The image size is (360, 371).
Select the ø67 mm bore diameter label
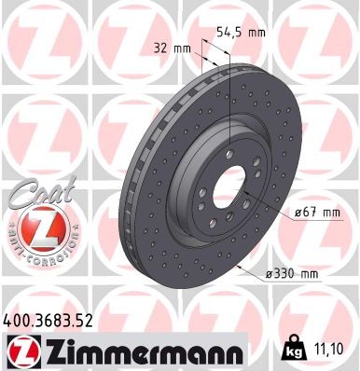pos(315,213)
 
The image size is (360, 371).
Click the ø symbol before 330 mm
pos(270,273)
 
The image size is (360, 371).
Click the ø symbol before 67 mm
pos(297,213)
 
